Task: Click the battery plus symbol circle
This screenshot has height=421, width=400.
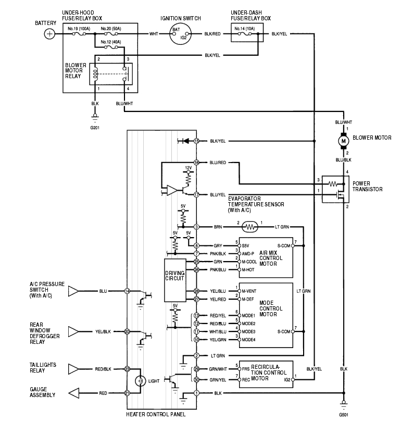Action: [49, 34]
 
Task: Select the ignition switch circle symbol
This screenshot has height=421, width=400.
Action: [180, 34]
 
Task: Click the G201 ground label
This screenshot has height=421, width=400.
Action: [95, 127]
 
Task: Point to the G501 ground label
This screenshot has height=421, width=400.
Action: [343, 415]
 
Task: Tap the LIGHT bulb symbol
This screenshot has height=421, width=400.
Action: [139, 381]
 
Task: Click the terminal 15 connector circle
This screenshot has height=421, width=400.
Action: [197, 141]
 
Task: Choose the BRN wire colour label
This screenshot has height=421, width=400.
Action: [218, 227]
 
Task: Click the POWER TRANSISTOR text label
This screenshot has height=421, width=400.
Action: [368, 187]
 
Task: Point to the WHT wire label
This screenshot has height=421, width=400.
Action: [154, 34]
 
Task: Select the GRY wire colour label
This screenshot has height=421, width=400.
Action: [218, 245]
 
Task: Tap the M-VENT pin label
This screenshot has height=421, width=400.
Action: [248, 291]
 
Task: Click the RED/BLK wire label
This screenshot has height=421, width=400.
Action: [103, 369]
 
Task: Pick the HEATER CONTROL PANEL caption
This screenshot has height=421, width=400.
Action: [156, 414]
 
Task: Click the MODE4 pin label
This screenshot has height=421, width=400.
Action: [248, 339]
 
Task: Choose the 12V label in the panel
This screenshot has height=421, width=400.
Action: [189, 167]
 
